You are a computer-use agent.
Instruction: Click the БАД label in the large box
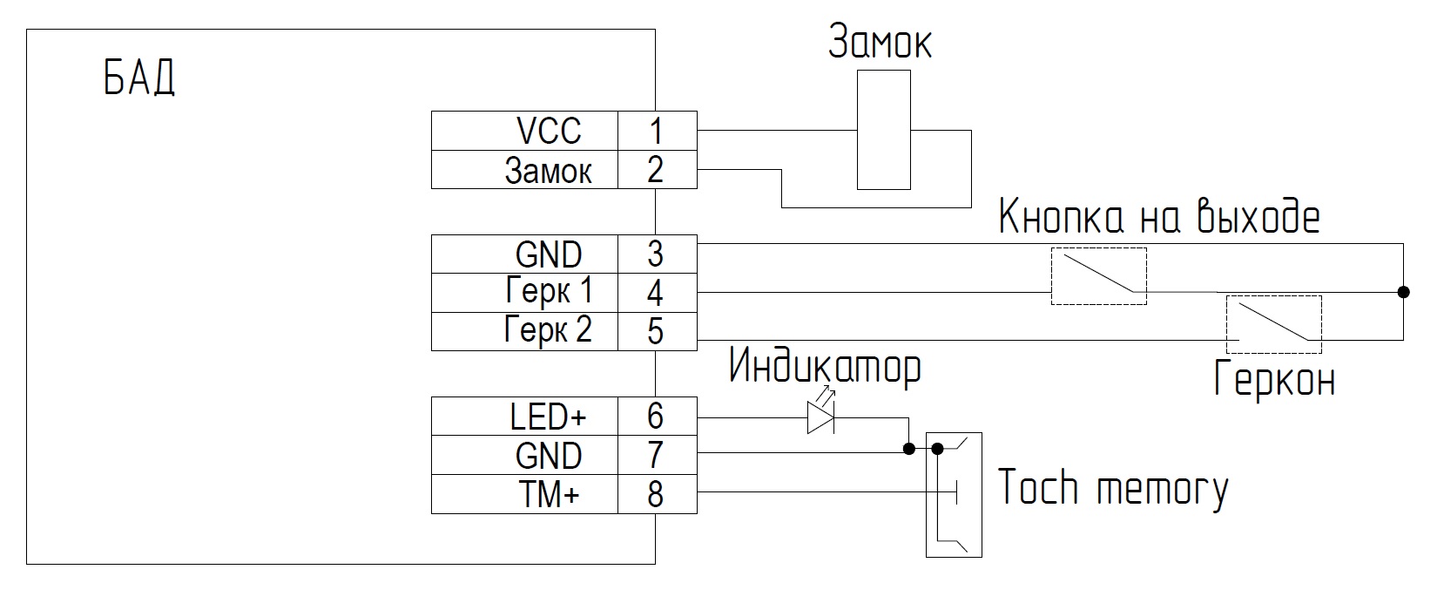tap(139, 78)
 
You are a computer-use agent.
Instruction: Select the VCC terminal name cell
tap(525, 131)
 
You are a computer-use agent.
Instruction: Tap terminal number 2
tap(656, 170)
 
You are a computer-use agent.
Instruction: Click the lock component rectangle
tap(884, 130)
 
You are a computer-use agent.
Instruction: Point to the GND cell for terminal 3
tap(525, 254)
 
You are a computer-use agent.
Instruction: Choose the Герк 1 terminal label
tap(549, 291)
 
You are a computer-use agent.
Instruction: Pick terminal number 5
tap(656, 331)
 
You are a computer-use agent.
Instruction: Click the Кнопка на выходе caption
tap(1159, 216)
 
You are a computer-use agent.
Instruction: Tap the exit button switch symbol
tap(1099, 276)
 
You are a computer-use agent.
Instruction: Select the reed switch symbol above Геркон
tap(1274, 324)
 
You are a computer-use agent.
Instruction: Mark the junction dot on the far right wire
tap(1403, 292)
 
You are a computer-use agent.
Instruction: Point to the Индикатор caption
tap(825, 367)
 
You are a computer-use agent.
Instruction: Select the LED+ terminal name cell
tap(525, 417)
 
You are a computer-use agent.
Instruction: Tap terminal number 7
tap(656, 455)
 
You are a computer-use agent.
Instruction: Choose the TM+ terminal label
tap(549, 495)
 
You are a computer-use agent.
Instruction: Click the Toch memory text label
tap(1113, 488)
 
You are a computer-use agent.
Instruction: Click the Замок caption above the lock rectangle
tap(880, 41)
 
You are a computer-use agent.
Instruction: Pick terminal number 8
tap(656, 495)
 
